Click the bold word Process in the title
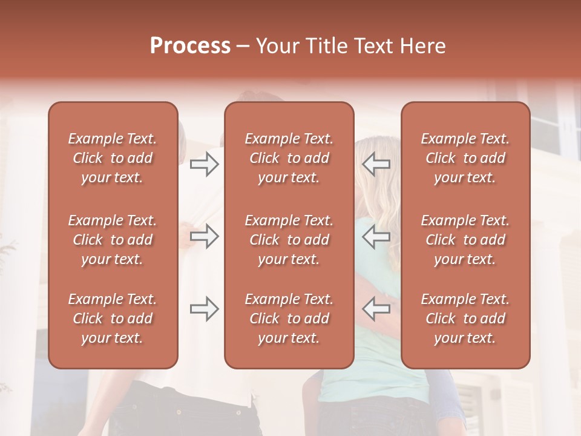(190, 46)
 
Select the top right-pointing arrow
(205, 163)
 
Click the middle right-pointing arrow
(205, 236)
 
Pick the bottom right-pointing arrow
(205, 308)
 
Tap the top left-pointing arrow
(376, 163)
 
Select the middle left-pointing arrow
(376, 236)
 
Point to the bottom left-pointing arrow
(376, 308)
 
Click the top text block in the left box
(113, 158)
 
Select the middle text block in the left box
(113, 240)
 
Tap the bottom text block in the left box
(113, 319)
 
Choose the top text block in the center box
(289, 158)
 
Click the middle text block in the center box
(289, 240)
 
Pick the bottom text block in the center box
(289, 319)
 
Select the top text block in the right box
(465, 158)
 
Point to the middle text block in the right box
(465, 240)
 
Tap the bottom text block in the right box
(465, 319)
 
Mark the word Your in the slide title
(276, 46)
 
